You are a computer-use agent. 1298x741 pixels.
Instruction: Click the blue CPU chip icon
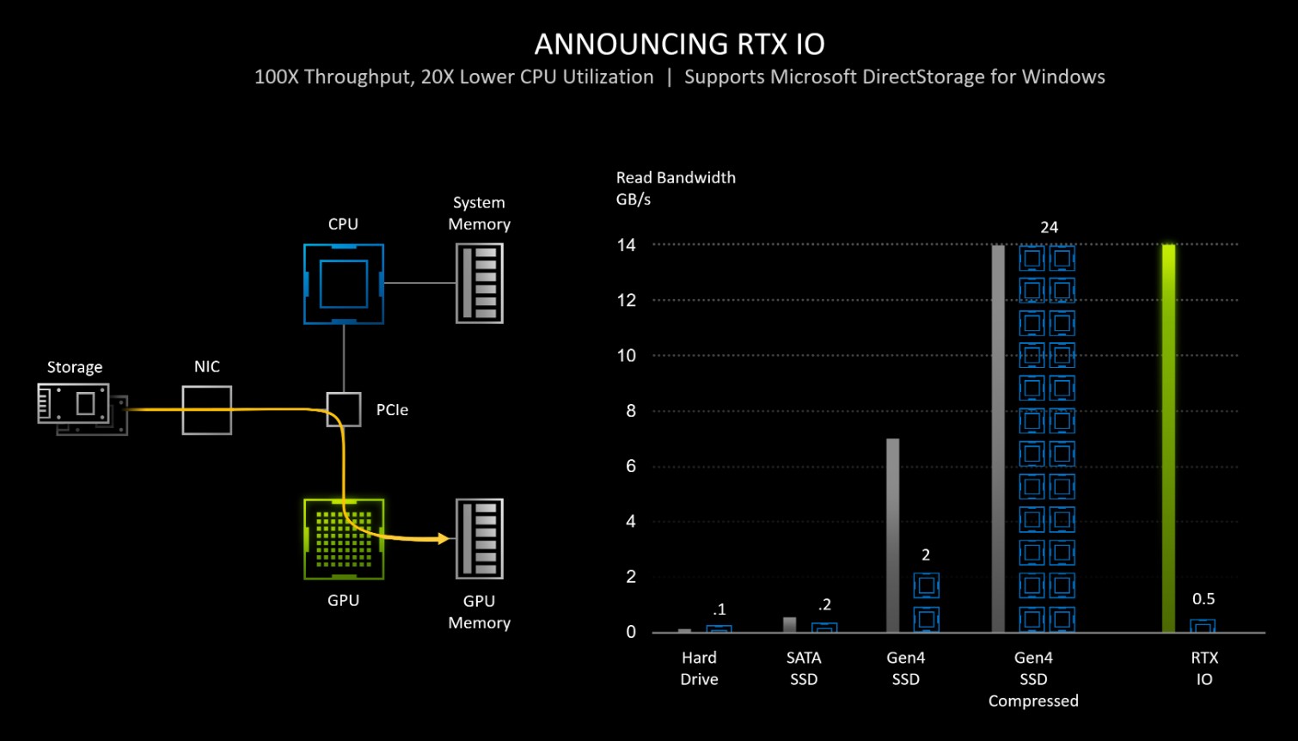point(343,284)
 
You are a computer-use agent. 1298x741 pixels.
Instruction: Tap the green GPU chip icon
point(343,539)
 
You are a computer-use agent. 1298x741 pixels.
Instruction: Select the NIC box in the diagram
point(206,410)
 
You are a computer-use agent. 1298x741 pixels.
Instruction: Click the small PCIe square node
point(343,409)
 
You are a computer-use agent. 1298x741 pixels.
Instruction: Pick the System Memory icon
point(479,284)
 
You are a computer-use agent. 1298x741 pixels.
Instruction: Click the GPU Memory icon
point(479,539)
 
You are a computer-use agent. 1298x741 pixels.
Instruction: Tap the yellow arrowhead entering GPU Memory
point(444,539)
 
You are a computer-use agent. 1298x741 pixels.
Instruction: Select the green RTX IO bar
point(1168,438)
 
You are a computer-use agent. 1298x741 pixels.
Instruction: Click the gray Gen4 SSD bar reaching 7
point(892,535)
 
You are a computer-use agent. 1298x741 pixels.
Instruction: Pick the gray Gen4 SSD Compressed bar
point(997,438)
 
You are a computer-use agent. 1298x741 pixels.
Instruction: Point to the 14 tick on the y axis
point(626,245)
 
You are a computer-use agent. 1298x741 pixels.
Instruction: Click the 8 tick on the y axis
point(630,411)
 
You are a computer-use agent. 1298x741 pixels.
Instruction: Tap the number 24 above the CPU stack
point(1049,227)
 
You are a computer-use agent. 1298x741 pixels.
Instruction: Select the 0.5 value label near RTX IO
point(1203,599)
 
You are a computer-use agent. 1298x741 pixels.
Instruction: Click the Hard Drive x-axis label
point(699,668)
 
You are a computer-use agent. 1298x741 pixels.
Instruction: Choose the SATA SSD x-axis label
point(804,668)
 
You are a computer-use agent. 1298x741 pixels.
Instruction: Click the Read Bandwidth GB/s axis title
point(676,188)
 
